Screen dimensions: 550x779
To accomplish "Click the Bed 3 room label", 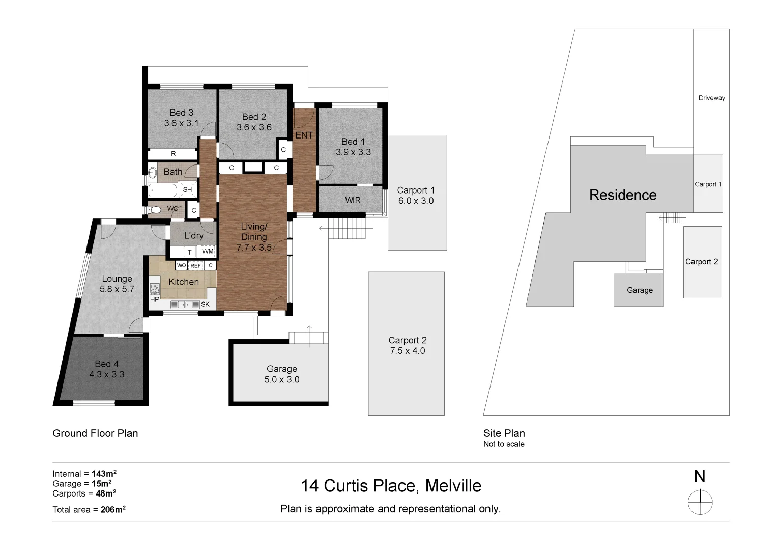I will (181, 113).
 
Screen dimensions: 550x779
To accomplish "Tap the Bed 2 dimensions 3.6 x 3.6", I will (254, 127).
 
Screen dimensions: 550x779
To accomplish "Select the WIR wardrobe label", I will (353, 200).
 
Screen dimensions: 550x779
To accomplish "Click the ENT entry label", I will (304, 135).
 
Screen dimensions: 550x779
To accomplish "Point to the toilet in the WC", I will (155, 209).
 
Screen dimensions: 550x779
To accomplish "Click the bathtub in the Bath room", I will (162, 191).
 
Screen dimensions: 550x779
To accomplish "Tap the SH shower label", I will (187, 189).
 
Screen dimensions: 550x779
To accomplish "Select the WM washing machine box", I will (208, 252).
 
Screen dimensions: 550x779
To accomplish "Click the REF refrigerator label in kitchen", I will (195, 266).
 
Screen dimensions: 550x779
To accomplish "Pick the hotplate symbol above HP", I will (155, 289).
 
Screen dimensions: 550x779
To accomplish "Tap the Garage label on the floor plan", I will (281, 369).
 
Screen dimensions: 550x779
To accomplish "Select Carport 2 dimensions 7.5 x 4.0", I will (407, 351).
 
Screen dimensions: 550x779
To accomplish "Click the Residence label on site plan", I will (622, 195).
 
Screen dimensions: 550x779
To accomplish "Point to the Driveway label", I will (711, 98).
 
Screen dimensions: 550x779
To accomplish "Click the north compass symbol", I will (700, 502).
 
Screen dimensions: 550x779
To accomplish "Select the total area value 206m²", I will (113, 509).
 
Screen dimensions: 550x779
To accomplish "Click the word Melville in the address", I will (453, 486).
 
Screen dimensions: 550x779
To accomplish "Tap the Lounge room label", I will (117, 279).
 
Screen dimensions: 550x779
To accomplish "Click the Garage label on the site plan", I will (640, 290).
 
